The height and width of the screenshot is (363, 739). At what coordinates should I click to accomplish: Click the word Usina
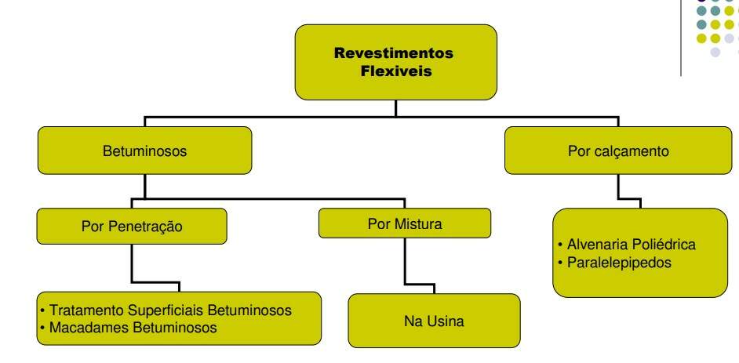coord(437,319)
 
